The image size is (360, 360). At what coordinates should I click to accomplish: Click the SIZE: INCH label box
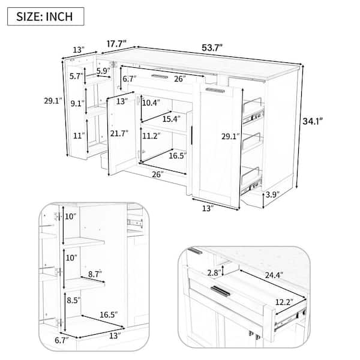[46, 17]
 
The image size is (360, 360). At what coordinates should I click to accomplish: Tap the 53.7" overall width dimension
[212, 48]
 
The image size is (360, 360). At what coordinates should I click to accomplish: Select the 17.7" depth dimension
[116, 44]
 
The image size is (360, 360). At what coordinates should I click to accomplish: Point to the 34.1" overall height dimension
[313, 121]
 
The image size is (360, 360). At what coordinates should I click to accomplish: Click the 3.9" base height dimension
[272, 194]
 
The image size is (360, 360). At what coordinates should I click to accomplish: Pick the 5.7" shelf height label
[76, 76]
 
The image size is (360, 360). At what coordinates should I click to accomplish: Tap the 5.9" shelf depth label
[103, 71]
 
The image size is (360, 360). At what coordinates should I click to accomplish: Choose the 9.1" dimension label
[77, 104]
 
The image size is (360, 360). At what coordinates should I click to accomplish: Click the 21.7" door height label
[119, 133]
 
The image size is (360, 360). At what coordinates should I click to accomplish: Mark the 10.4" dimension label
[151, 103]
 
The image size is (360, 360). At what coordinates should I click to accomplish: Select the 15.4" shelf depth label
[172, 119]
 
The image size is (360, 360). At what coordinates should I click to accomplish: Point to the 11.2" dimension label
[151, 136]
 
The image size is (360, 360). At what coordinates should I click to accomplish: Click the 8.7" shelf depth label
[95, 274]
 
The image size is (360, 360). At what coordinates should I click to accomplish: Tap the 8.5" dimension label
[74, 301]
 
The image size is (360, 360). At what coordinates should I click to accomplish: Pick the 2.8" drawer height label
[214, 272]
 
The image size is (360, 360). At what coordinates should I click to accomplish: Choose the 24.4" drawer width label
[274, 275]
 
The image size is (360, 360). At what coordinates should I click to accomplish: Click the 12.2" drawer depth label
[284, 302]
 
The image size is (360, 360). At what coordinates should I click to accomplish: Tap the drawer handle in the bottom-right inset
[220, 291]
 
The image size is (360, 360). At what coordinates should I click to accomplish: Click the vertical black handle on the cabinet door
[191, 135]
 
